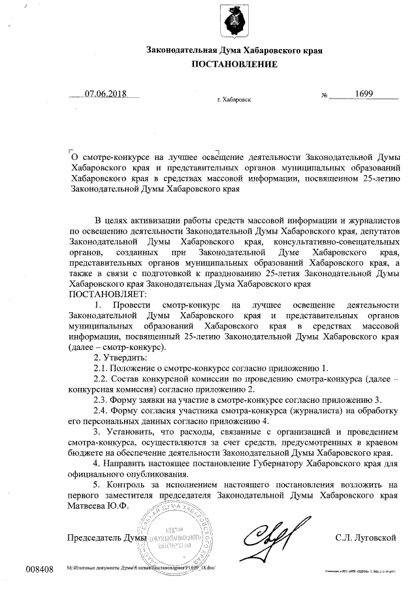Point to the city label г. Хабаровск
pyautogui.click(x=233, y=101)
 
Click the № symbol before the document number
pyautogui.click(x=324, y=95)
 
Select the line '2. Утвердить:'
pyautogui.click(x=121, y=357)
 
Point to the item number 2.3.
pyautogui.click(x=103, y=399)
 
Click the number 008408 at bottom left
pyautogui.click(x=40, y=569)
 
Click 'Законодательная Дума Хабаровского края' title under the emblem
pyautogui.click(x=234, y=50)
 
